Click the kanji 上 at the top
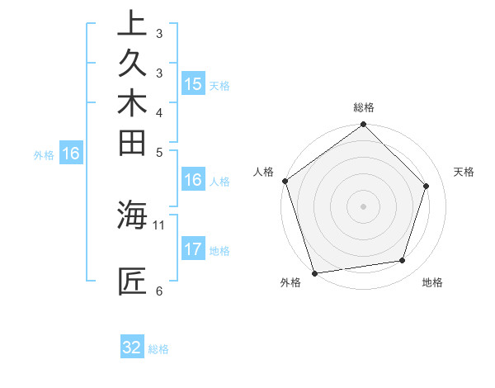[x=132, y=23]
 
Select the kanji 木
[x=132, y=102]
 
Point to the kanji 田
[x=132, y=142]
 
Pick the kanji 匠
[x=132, y=281]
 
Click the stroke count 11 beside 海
[x=159, y=224]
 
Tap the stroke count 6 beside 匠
[x=158, y=291]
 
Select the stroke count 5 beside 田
[x=158, y=152]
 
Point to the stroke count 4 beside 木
[x=158, y=112]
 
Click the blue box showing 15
[x=192, y=83]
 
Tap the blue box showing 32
[x=132, y=348]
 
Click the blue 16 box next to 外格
[x=71, y=153]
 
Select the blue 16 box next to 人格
[x=192, y=179]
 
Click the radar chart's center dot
[x=363, y=206]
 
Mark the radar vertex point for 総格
[x=363, y=125]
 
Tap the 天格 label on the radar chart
[x=464, y=172]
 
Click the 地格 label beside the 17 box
[x=219, y=250]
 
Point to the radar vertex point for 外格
[x=314, y=272]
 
